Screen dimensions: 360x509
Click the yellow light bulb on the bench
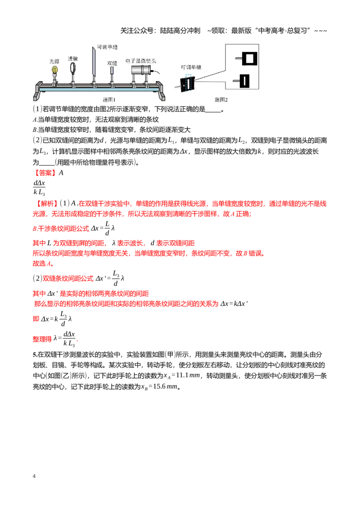[55, 70]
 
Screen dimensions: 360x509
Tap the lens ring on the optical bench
[73, 68]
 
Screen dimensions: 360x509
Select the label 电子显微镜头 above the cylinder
[141, 61]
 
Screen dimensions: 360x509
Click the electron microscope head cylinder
[141, 70]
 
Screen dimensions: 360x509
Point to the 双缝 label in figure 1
[112, 63]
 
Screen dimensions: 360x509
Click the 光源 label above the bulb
[54, 61]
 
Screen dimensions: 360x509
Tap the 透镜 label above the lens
[73, 58]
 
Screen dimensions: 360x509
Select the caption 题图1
[109, 100]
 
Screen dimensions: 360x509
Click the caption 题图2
[221, 100]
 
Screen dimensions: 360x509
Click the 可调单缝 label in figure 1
[107, 47]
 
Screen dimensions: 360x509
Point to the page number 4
[34, 476]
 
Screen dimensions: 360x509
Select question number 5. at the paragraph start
[35, 354]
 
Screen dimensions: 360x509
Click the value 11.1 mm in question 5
[188, 375]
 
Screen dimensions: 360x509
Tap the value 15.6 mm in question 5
[166, 386]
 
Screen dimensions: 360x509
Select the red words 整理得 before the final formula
[42, 339]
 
